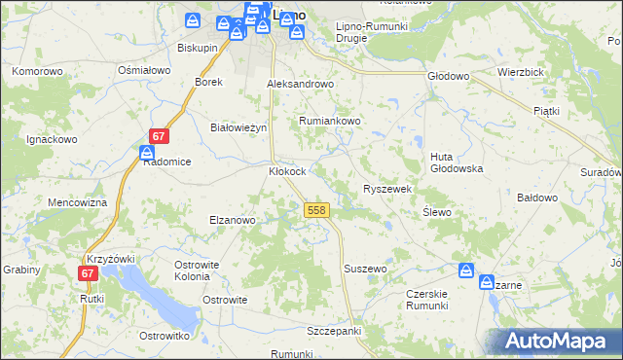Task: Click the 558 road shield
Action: click(x=315, y=210)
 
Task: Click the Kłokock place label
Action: click(x=287, y=171)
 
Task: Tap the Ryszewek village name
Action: click(x=388, y=189)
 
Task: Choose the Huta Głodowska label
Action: click(x=457, y=162)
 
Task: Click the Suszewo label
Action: click(x=365, y=268)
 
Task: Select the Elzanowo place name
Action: click(x=232, y=220)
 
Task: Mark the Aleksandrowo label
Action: click(x=301, y=84)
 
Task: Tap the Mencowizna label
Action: click(x=77, y=202)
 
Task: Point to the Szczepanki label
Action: click(x=334, y=331)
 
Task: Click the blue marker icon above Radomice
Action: click(x=146, y=153)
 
